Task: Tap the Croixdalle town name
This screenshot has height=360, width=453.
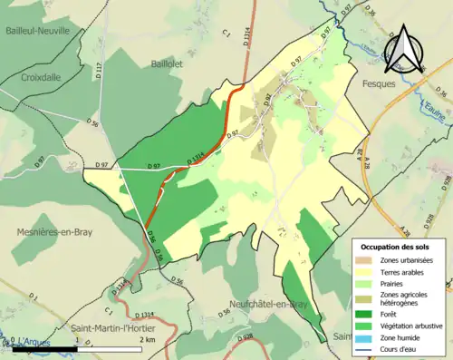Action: (35, 78)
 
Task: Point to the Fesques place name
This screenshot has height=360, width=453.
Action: (381, 83)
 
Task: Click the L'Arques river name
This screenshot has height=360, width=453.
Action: (30, 341)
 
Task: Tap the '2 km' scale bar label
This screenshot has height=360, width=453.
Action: (149, 339)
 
